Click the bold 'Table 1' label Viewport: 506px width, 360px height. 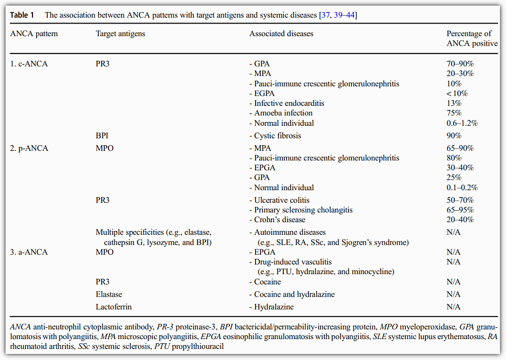(22, 15)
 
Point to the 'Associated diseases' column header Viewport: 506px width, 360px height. (281, 34)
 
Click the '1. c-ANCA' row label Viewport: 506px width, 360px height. (29, 64)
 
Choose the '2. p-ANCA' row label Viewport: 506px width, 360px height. (29, 148)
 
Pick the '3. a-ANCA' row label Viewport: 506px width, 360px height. (29, 252)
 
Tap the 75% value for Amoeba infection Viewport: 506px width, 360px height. (454, 113)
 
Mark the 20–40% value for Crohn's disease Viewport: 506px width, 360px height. (460, 220)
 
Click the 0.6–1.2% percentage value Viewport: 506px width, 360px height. (462, 123)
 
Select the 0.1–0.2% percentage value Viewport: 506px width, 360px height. (462, 188)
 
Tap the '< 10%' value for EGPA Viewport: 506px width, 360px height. (457, 93)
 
